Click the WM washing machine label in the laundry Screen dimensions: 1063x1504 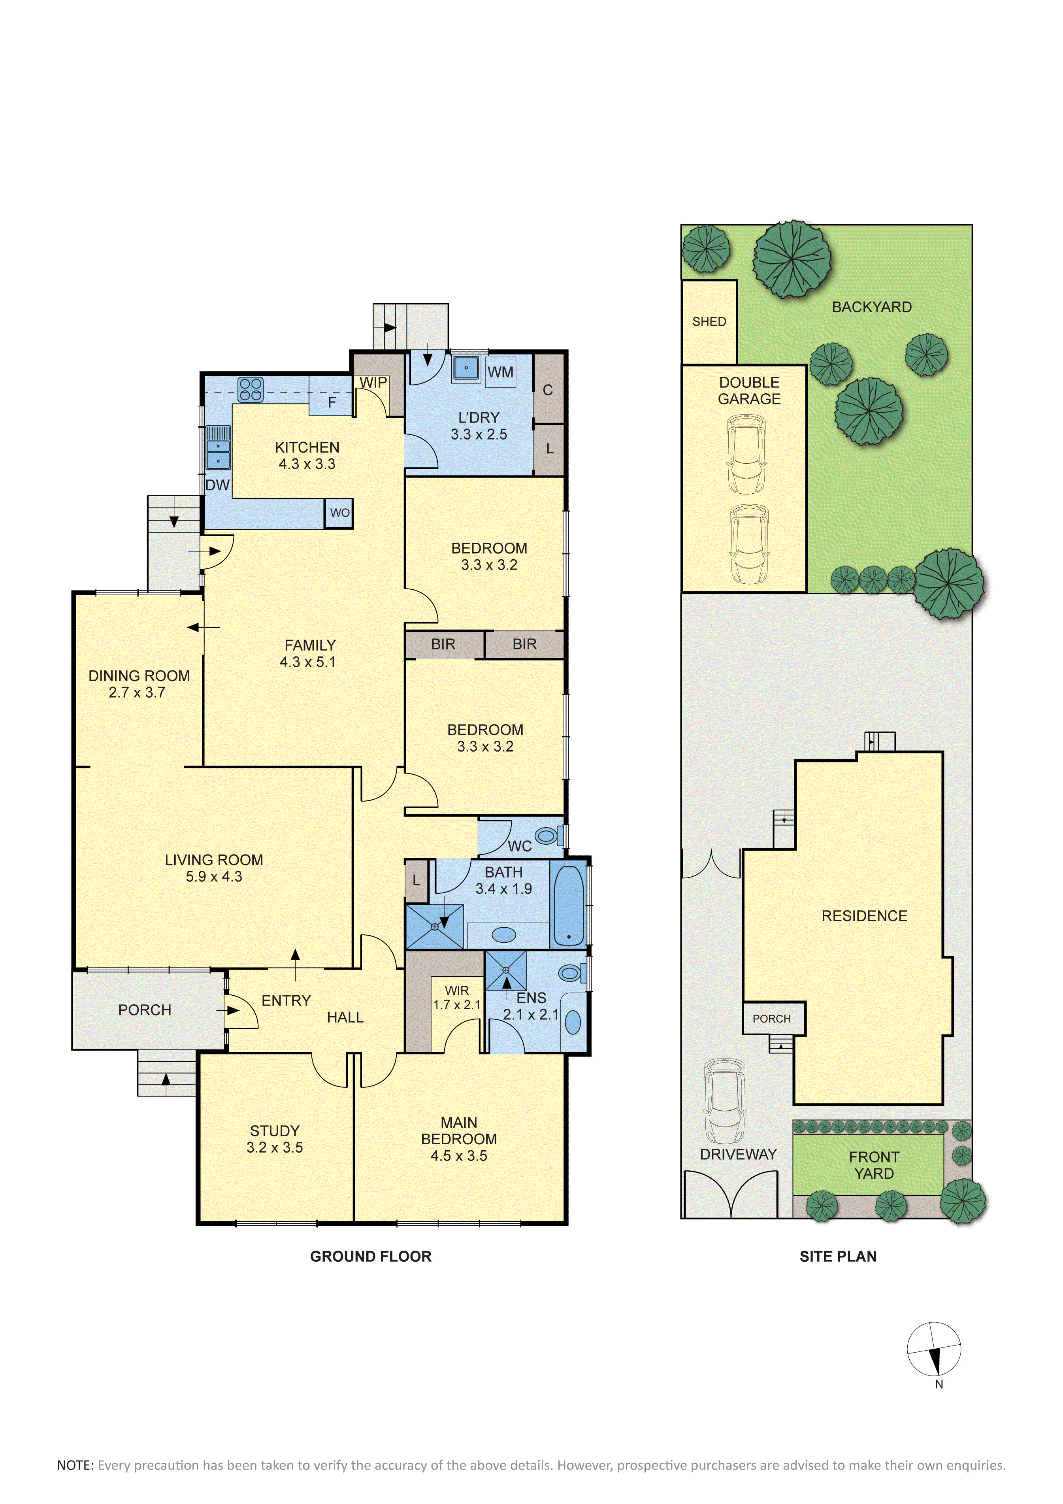(500, 372)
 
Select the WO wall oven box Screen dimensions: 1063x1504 (339, 513)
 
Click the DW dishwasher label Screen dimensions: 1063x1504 (217, 485)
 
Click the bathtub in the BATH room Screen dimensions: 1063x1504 (569, 906)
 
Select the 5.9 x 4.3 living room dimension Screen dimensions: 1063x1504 (214, 876)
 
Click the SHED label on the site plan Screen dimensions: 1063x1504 (709, 322)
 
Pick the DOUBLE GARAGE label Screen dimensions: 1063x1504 (749, 391)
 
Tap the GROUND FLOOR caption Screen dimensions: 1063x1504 (371, 1257)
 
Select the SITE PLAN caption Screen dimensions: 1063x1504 (839, 1257)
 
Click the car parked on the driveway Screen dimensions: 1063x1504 (724, 1101)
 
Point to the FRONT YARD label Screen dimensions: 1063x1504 (875, 1165)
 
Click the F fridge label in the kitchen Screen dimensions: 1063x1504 (332, 402)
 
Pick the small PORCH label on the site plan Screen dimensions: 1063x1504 (771, 1019)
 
